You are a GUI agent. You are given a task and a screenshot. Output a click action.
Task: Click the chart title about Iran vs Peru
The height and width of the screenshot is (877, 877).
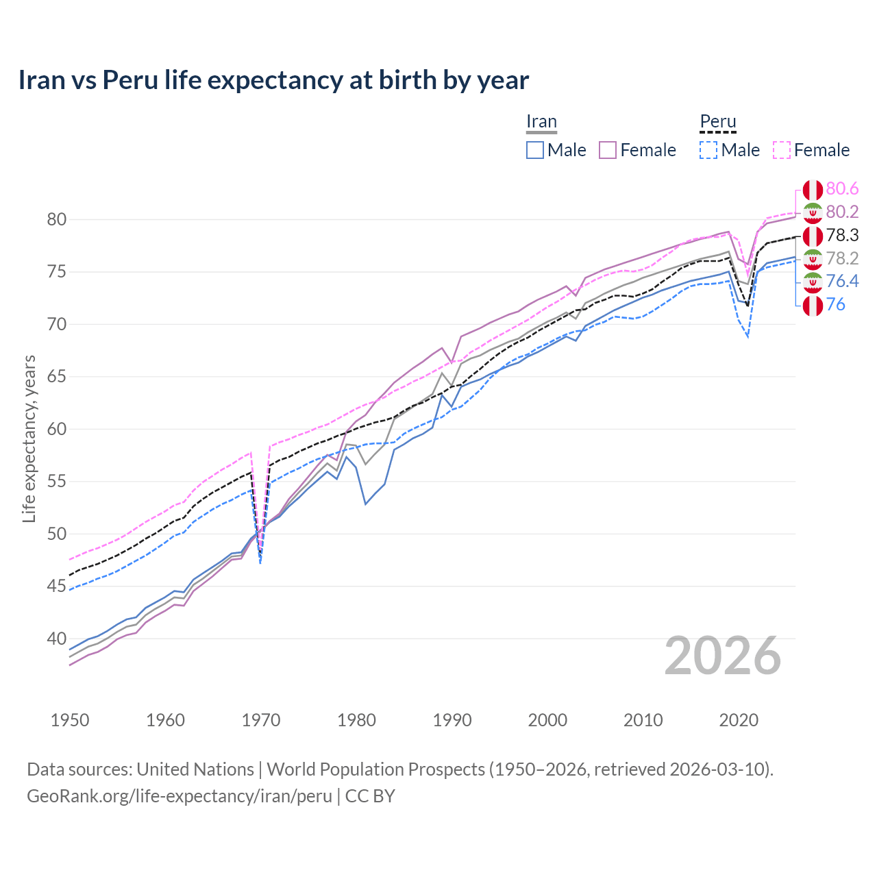273,80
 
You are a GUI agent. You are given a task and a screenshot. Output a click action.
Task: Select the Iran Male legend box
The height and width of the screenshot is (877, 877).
535,150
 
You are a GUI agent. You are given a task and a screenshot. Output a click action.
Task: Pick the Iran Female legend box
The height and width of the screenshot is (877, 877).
608,150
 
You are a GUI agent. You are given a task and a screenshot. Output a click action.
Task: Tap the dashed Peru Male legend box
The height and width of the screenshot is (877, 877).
708,150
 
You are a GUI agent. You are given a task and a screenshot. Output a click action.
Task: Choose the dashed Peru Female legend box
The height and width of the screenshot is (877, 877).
782,150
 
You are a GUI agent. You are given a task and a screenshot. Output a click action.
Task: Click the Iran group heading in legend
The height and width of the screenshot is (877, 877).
541,122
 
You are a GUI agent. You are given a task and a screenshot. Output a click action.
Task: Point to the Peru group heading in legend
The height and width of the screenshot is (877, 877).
717,122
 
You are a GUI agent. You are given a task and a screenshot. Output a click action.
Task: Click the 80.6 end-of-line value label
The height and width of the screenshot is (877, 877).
842,189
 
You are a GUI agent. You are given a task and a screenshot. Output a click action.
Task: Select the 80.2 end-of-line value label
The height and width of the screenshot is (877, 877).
842,212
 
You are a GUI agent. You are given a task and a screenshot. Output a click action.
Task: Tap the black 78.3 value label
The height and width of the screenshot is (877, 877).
842,236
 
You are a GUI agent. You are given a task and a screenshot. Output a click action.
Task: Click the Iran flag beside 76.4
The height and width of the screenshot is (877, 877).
813,282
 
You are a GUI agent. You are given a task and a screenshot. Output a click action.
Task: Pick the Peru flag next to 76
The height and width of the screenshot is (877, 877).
813,305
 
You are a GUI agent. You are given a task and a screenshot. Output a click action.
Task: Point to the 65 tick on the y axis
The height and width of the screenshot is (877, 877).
56,377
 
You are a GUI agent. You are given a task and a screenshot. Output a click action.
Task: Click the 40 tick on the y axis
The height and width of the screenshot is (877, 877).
56,639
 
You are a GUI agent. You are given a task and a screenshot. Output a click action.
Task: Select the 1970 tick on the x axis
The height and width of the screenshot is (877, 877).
261,720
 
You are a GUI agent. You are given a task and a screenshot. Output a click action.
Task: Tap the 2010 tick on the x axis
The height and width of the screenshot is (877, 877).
643,720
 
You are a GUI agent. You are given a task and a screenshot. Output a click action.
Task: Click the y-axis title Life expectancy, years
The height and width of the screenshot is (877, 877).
29,438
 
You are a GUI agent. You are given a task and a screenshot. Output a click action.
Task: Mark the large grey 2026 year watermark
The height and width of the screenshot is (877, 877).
722,656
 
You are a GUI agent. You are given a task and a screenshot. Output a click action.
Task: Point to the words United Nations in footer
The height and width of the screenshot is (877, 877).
195,769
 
